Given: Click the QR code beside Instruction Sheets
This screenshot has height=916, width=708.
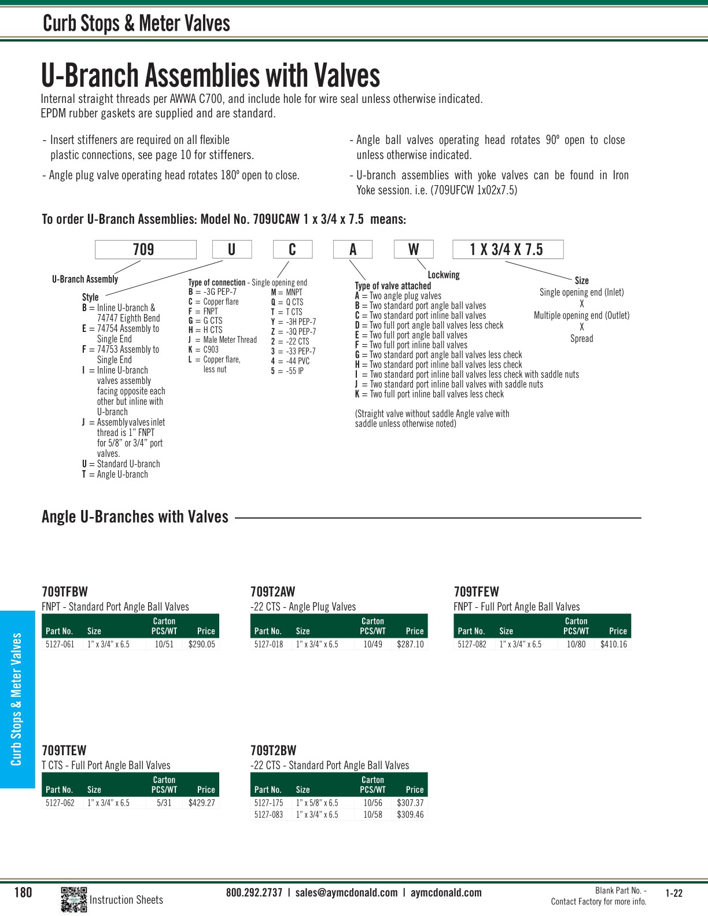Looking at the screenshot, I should click(73, 899).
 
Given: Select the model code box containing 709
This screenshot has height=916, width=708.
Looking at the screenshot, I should click(145, 250).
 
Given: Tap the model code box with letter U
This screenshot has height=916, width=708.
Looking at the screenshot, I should click(232, 250).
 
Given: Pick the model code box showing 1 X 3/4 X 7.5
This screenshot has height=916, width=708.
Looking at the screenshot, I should click(507, 250).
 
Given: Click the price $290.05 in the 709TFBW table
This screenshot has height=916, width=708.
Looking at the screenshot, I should click(201, 644).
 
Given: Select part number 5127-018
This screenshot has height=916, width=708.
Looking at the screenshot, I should click(268, 644).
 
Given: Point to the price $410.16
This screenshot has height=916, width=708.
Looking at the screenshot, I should click(613, 644).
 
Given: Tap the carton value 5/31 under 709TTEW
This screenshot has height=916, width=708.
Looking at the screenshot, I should click(164, 803).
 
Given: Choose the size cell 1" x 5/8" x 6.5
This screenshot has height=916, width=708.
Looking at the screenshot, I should click(317, 803).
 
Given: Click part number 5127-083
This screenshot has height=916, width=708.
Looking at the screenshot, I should click(268, 815).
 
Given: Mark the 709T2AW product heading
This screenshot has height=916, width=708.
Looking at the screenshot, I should click(272, 592).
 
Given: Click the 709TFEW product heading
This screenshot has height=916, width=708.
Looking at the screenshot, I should click(476, 592).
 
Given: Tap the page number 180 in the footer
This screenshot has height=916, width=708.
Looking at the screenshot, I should click(23, 893).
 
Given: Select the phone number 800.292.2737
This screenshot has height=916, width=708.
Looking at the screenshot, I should click(254, 893).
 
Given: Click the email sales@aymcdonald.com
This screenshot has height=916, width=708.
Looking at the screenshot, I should click(346, 893).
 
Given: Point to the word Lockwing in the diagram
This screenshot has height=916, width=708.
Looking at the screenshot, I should click(444, 275).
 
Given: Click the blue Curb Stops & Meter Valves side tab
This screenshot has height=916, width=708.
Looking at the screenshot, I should click(17, 699).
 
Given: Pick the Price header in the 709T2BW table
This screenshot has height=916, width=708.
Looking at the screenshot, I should click(415, 790).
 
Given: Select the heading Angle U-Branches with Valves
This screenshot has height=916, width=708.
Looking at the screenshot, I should click(135, 517).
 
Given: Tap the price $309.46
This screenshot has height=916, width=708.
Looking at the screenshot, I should click(410, 815).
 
